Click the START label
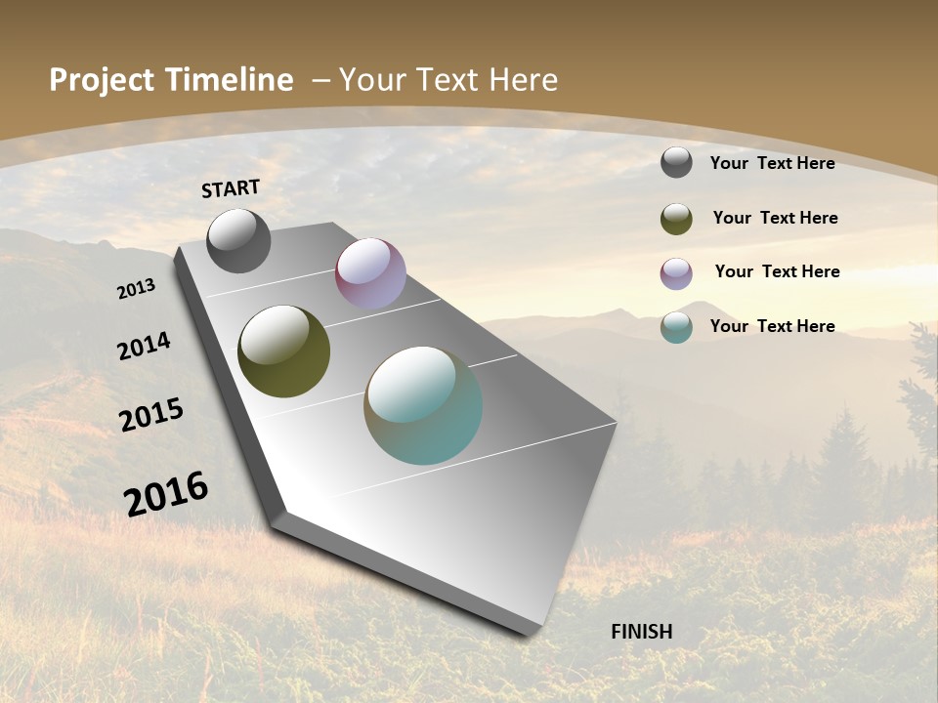pos(231,188)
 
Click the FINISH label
pos(642,632)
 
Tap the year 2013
pos(137,288)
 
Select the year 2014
pos(145,347)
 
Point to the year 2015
pos(151,415)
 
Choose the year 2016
pos(166,492)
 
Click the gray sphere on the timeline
pos(238,240)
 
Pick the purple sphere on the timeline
pos(370,273)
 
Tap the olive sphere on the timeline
pos(283,351)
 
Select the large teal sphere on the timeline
pos(423,405)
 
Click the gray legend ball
pos(676,162)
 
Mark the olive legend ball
pos(676,219)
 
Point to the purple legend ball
pos(676,273)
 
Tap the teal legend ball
pos(676,327)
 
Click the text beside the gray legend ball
pos(772,163)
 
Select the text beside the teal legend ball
pos(772,326)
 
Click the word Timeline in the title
pos(231,80)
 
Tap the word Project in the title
pos(102,80)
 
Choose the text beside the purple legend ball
pos(777,271)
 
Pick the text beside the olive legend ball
pos(775,218)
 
